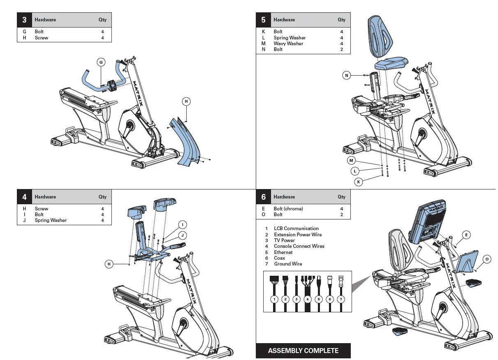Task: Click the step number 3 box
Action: (x=24, y=20)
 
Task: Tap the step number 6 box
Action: (x=264, y=197)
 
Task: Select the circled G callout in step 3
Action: (x=101, y=62)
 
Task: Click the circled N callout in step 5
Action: (x=347, y=75)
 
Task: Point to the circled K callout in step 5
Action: (x=359, y=182)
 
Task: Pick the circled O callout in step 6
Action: (x=486, y=259)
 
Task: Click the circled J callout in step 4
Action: (x=182, y=235)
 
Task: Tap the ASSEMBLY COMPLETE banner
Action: (x=303, y=351)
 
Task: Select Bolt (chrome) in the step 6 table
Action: (x=288, y=209)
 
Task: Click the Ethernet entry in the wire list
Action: (x=283, y=252)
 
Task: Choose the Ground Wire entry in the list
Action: (x=288, y=264)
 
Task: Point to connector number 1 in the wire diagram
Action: (x=274, y=299)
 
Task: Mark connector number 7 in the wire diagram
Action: (x=340, y=299)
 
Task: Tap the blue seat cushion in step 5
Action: (x=391, y=64)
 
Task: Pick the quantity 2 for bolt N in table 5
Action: (x=341, y=49)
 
